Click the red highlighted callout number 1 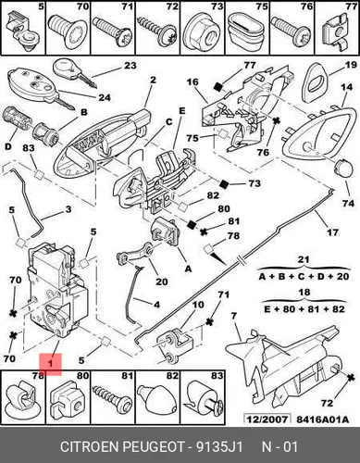coord(50,364)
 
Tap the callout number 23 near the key coord(130,66)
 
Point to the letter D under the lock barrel coord(8,146)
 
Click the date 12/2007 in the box coord(267,419)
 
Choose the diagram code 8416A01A coord(323,419)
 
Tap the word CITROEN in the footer coord(90,447)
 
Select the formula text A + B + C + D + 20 coord(304,276)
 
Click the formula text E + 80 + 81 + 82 coord(304,309)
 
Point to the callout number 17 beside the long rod coord(332,231)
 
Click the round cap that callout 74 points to coord(343,168)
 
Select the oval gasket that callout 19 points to coord(315,82)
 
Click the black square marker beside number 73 coord(224,184)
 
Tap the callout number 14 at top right coord(346,87)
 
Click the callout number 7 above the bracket coord(233,317)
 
